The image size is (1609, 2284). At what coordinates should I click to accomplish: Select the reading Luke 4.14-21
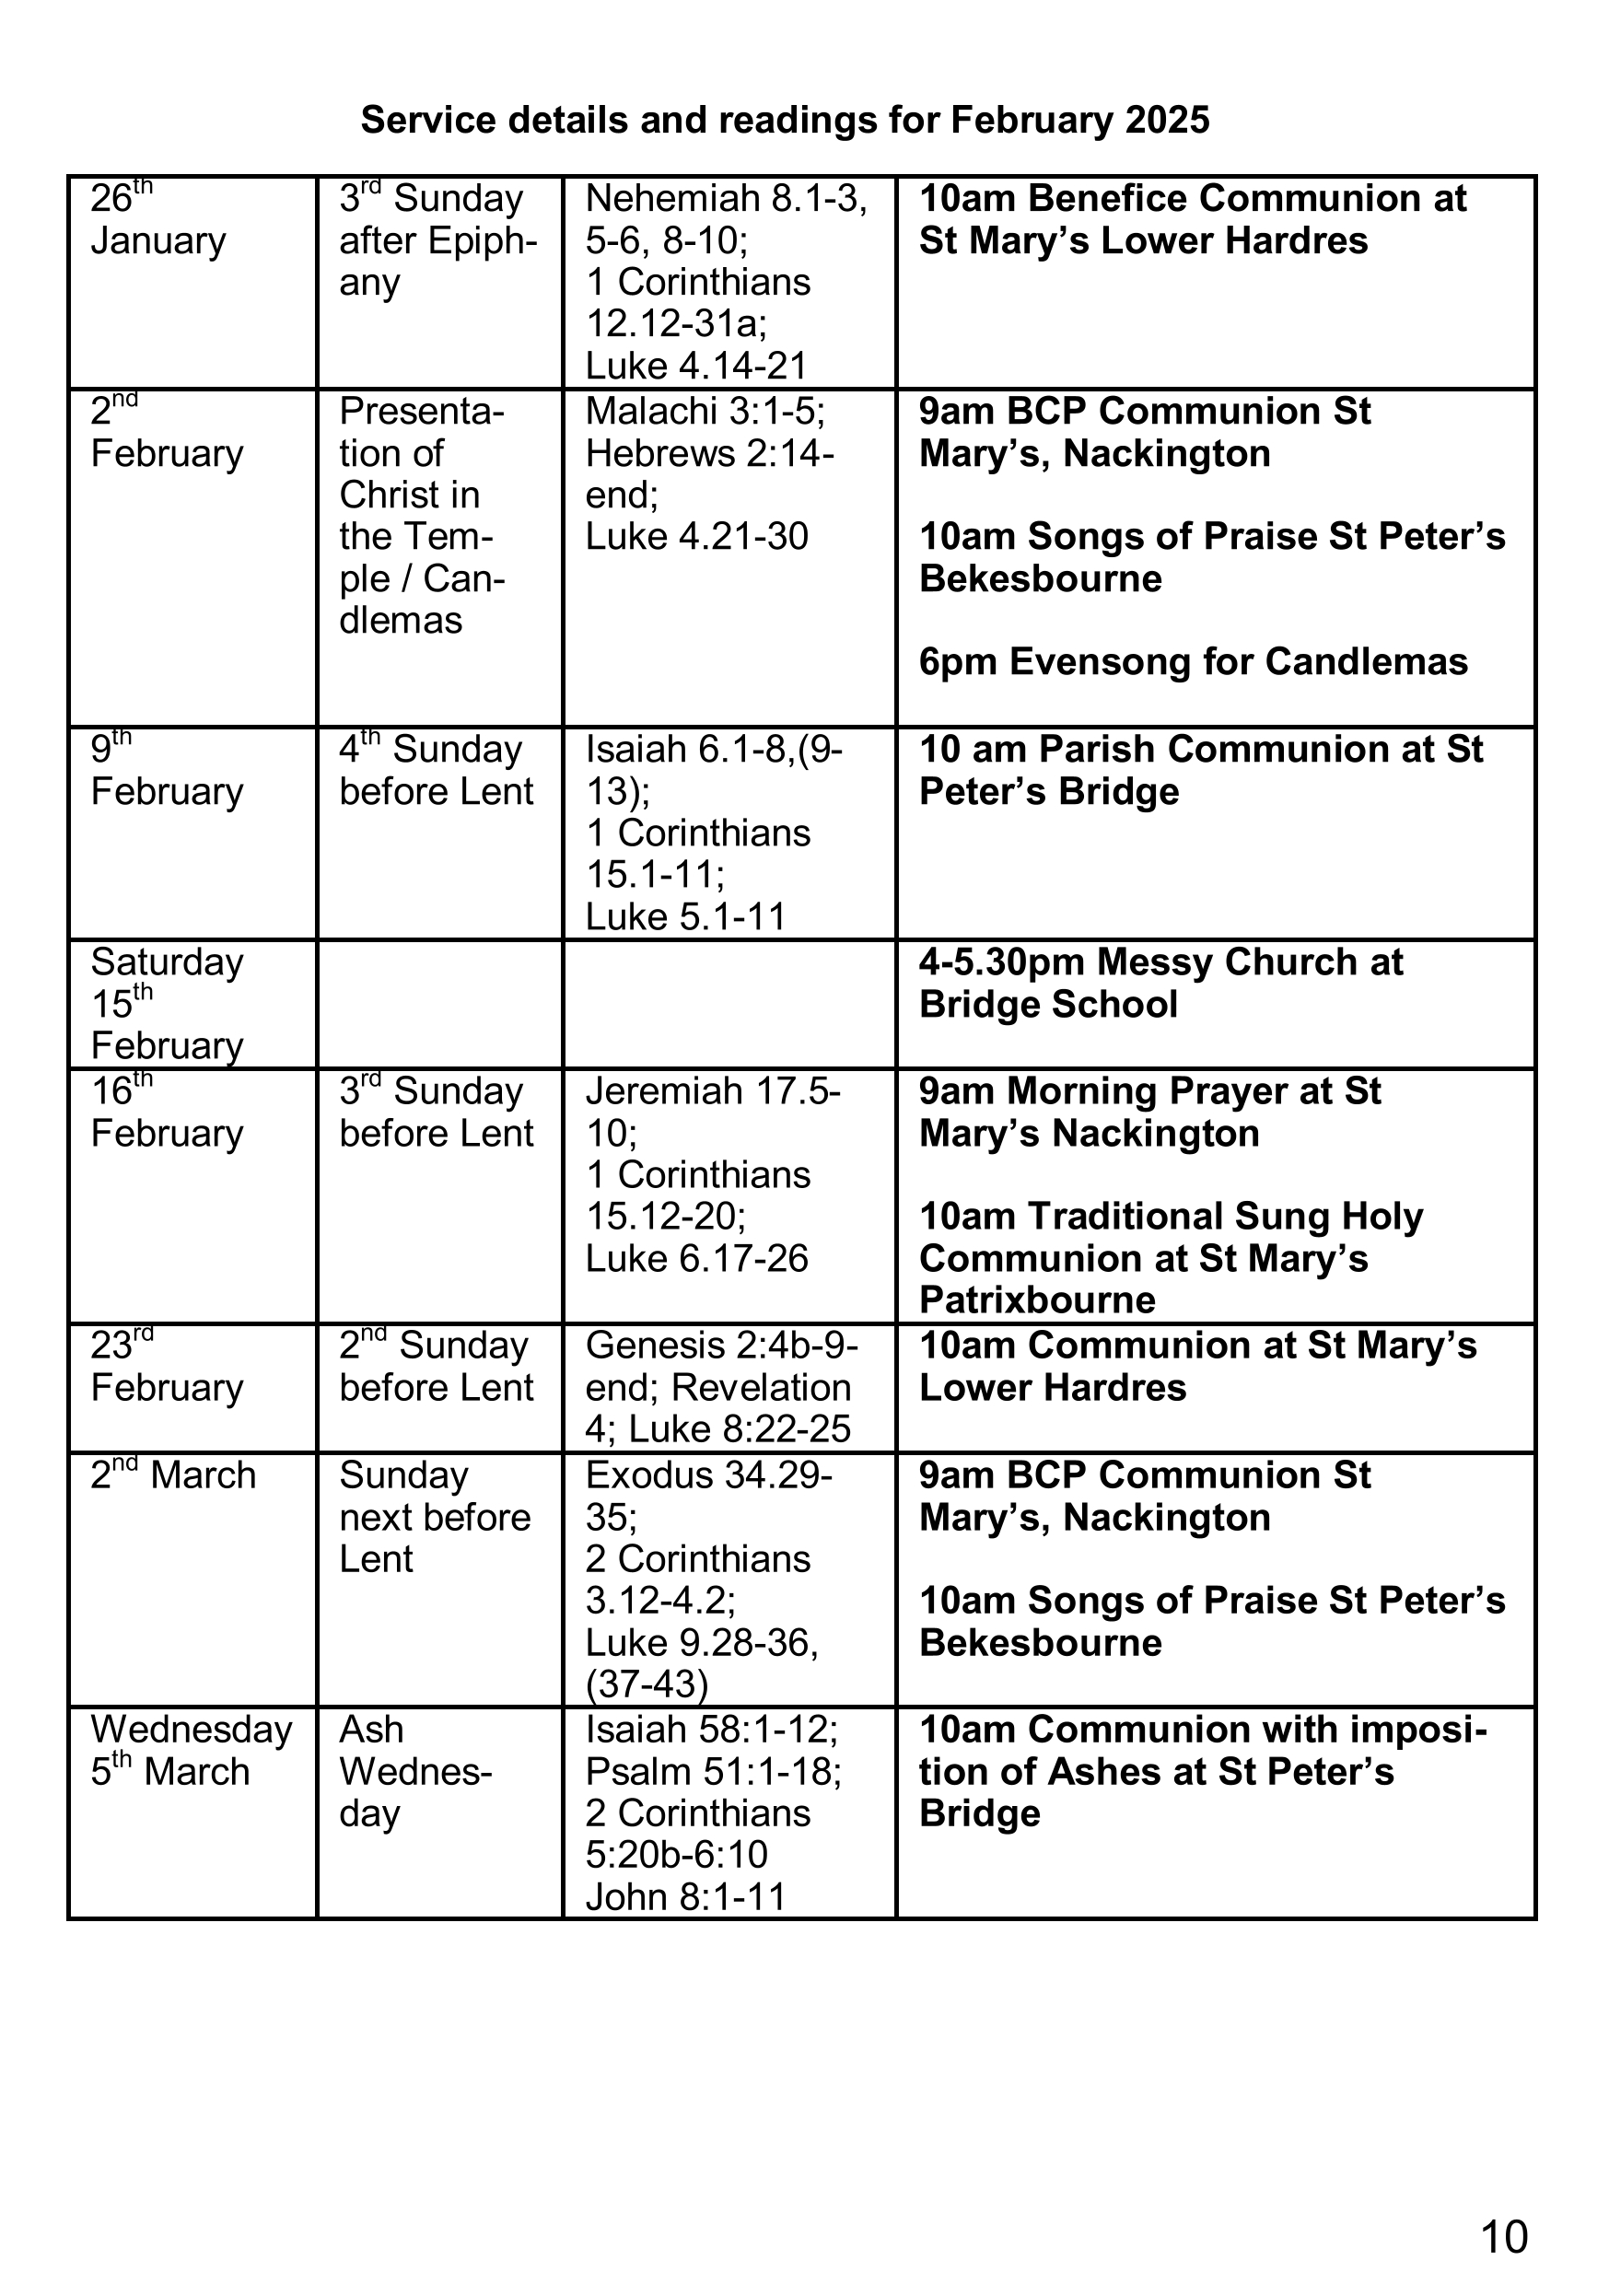(x=695, y=366)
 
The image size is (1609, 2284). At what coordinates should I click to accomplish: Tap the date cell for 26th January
(x=158, y=221)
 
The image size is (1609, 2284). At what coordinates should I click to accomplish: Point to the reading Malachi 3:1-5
(x=705, y=411)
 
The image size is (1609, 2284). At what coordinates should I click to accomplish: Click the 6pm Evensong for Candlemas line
(x=1192, y=661)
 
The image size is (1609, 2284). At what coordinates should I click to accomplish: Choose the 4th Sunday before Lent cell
(x=436, y=771)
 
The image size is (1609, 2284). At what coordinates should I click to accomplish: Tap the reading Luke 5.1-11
(x=685, y=916)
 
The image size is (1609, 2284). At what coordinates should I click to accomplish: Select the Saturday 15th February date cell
(x=168, y=1004)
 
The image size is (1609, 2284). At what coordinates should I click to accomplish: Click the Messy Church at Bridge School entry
(x=1160, y=983)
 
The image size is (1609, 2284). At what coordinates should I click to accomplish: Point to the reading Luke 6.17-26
(x=696, y=1258)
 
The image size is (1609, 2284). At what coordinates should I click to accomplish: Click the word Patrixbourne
(x=1037, y=1300)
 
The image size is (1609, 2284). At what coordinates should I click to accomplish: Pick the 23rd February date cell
(x=168, y=1367)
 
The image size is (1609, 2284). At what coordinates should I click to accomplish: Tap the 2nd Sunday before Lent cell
(x=436, y=1367)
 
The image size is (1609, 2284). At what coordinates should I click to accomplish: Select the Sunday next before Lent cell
(x=435, y=1517)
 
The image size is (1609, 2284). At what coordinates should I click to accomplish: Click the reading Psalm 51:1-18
(x=713, y=1772)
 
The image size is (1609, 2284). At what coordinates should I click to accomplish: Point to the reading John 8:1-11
(x=685, y=1897)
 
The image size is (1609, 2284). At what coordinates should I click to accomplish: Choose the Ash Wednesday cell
(x=415, y=1772)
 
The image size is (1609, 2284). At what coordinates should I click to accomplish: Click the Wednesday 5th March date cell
(x=191, y=1751)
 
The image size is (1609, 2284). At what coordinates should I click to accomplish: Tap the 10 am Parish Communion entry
(x=1200, y=771)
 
